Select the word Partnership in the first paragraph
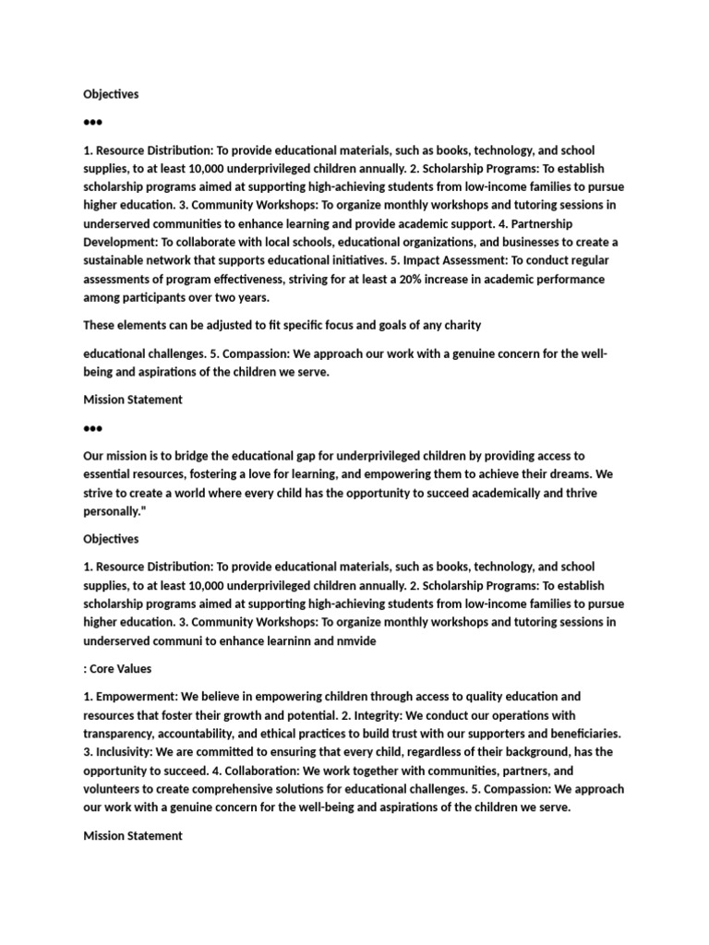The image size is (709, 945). click(x=547, y=223)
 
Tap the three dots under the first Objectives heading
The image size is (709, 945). click(x=92, y=122)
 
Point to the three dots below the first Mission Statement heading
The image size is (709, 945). click(x=92, y=428)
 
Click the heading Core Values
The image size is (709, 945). click(x=121, y=668)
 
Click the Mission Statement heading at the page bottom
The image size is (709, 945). click(x=133, y=835)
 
